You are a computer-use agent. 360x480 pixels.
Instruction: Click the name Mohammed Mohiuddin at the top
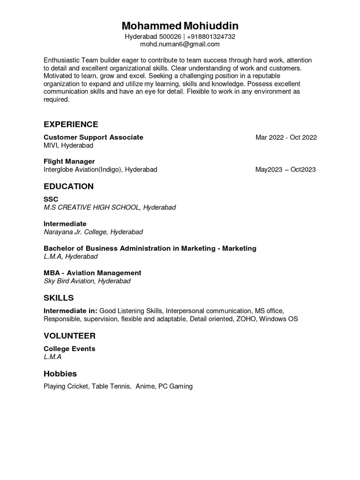click(x=180, y=26)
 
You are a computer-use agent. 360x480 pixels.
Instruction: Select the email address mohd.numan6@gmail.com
click(x=180, y=44)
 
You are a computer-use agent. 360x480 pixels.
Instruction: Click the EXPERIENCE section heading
click(x=71, y=124)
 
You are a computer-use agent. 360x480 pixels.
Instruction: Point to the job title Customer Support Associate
click(x=93, y=137)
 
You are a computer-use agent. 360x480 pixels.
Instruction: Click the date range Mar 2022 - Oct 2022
click(x=286, y=137)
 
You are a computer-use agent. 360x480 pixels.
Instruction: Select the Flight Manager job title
click(x=69, y=161)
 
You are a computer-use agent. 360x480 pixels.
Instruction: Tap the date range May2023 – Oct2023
click(x=285, y=170)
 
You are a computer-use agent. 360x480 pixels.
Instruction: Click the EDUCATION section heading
click(x=68, y=186)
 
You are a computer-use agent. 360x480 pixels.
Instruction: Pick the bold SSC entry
click(x=51, y=199)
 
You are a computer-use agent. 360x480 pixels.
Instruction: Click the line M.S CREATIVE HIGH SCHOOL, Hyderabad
click(x=110, y=207)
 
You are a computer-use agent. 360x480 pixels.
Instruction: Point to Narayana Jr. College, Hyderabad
click(x=93, y=232)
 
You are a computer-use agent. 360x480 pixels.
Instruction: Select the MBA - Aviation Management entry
click(x=92, y=273)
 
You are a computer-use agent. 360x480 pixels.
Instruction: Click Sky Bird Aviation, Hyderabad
click(x=87, y=281)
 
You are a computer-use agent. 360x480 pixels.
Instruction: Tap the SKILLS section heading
click(x=59, y=298)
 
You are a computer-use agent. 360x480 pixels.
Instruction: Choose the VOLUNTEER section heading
click(x=69, y=336)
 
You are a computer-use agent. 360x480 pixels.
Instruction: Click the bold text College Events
click(x=69, y=349)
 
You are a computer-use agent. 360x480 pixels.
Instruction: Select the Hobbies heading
click(x=60, y=374)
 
